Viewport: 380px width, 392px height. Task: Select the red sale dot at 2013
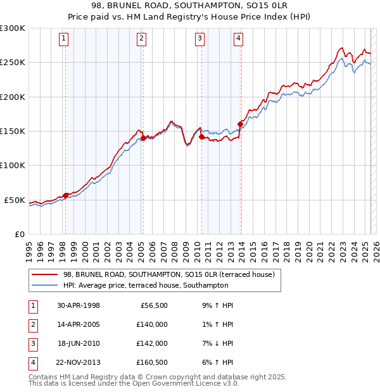[x=240, y=124]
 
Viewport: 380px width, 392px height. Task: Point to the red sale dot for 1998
[x=65, y=195]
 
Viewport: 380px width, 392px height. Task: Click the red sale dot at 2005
[x=143, y=138]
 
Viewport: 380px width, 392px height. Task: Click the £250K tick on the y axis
[x=13, y=63]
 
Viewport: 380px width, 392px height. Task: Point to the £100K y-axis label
[x=13, y=165]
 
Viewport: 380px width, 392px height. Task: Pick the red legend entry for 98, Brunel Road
[x=168, y=275]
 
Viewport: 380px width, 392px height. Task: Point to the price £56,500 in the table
[x=152, y=305]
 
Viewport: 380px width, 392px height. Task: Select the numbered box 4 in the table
[x=32, y=362]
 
